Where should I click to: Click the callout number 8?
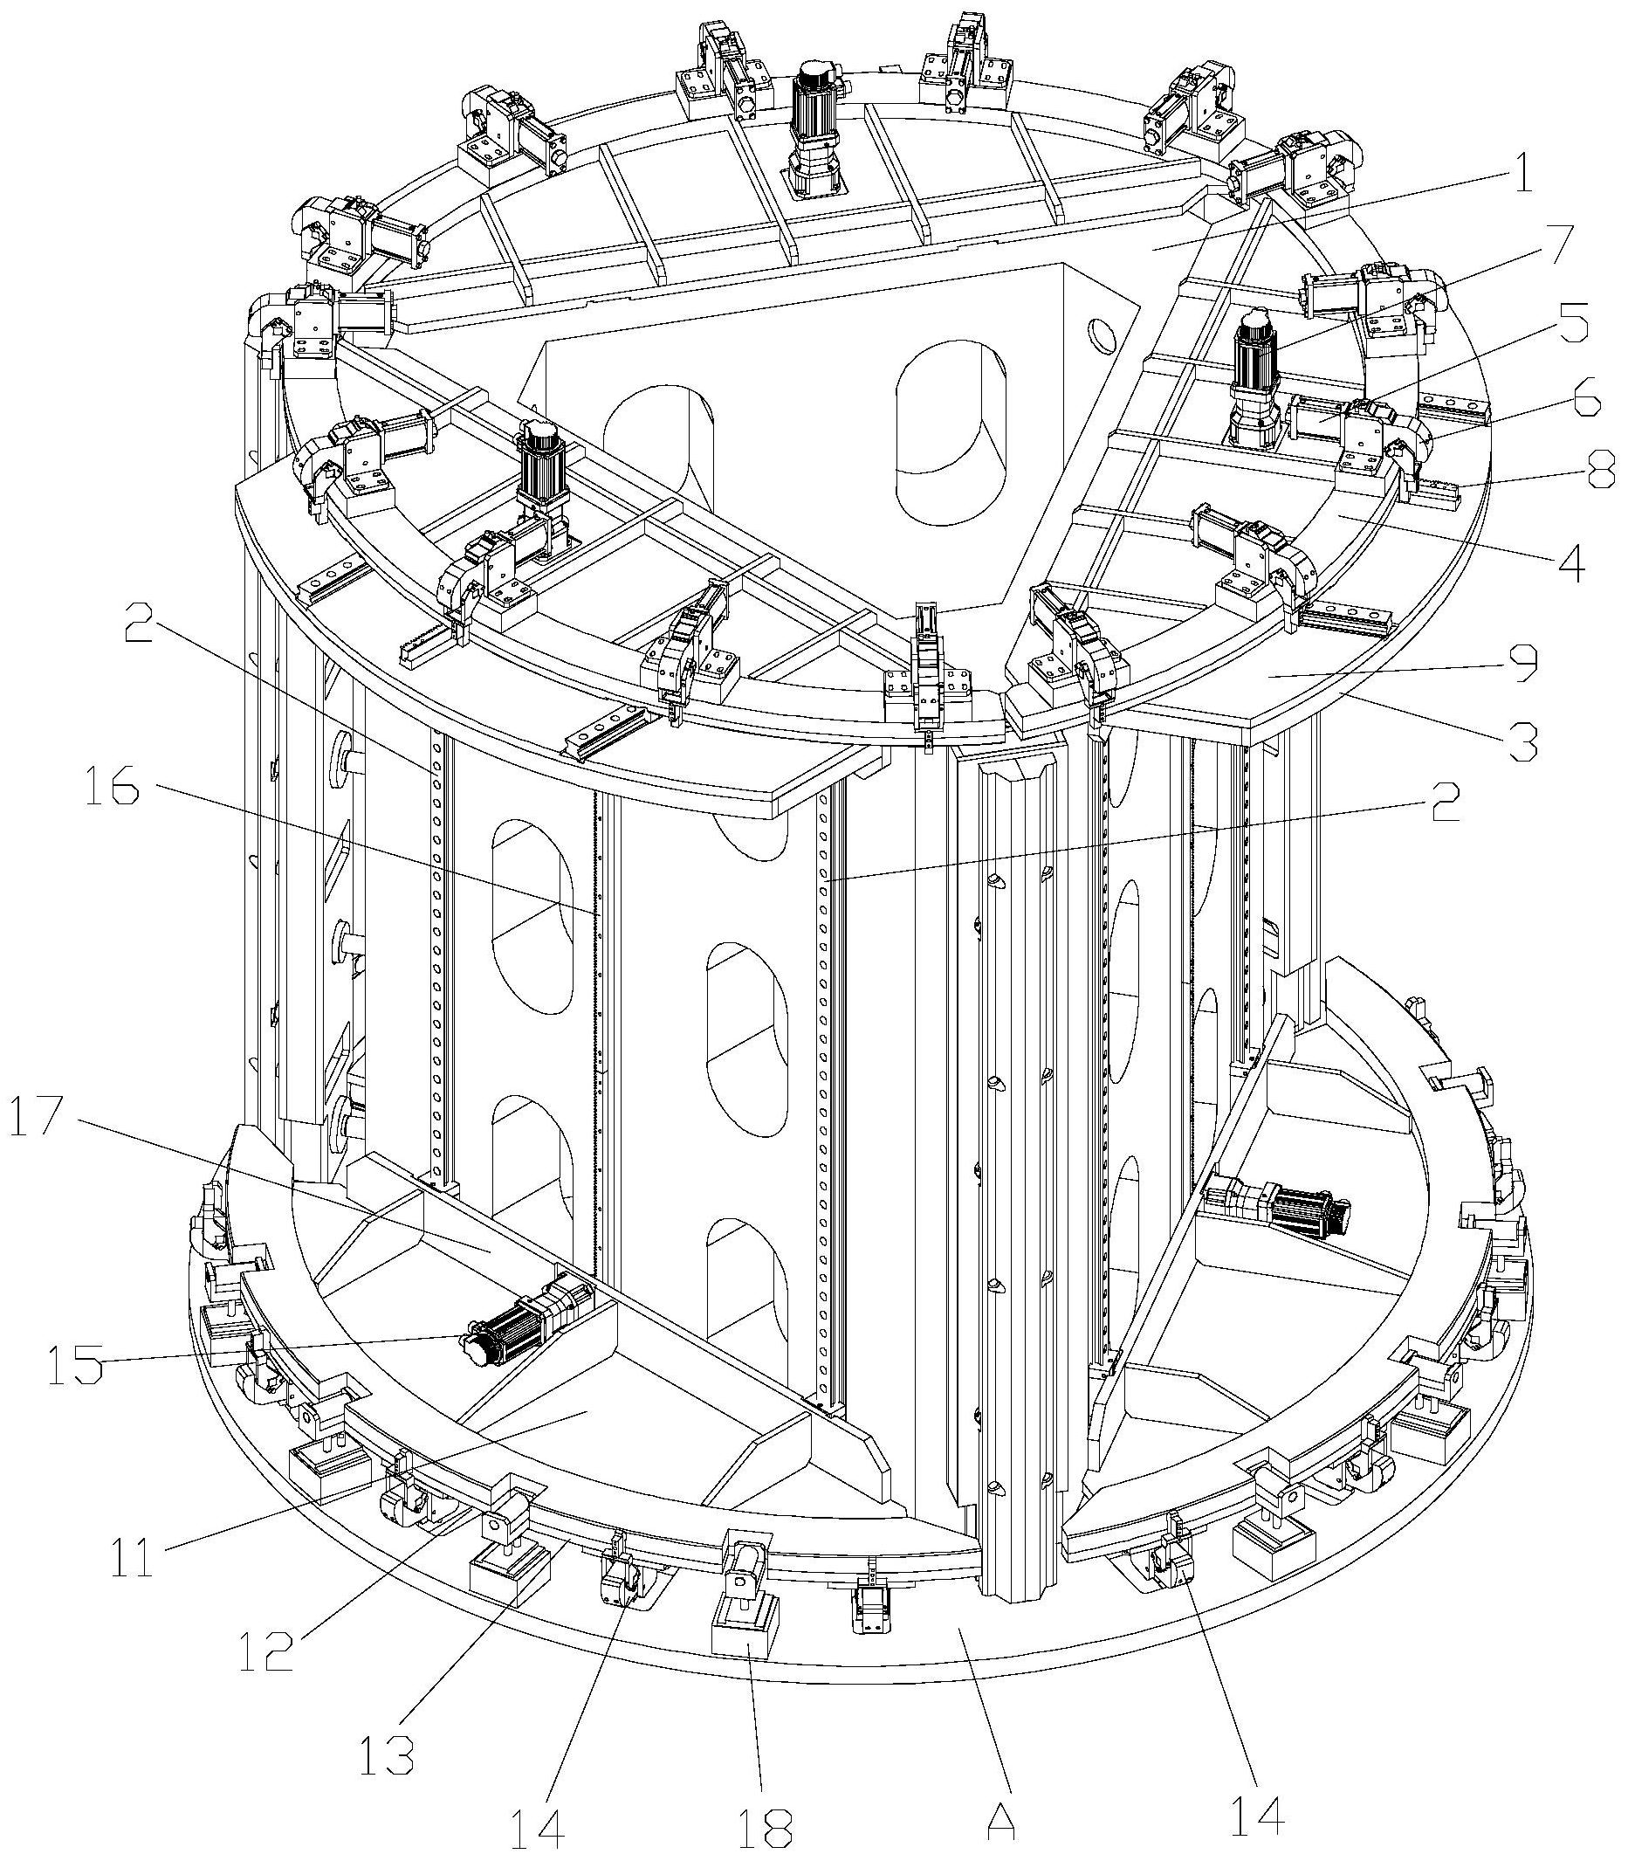click(x=1600, y=475)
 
